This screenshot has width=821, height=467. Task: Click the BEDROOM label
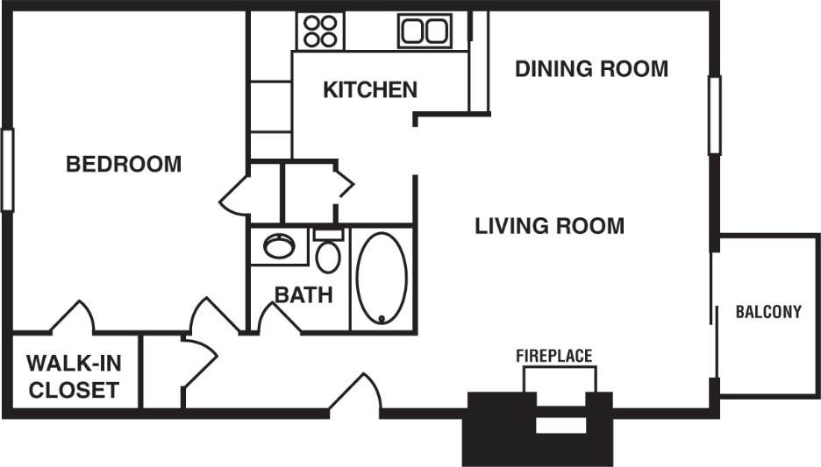(x=124, y=164)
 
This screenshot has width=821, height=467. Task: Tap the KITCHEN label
(x=369, y=89)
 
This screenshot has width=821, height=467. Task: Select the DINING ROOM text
(x=591, y=68)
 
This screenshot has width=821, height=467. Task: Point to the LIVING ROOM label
(x=550, y=226)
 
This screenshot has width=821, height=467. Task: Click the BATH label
(x=303, y=294)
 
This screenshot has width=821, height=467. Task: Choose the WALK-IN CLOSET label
(x=73, y=376)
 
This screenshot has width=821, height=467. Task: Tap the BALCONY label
(x=768, y=312)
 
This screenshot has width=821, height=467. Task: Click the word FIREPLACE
(x=553, y=356)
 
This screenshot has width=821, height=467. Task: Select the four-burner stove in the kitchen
(x=320, y=31)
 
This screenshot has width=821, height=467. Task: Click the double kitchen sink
(x=425, y=31)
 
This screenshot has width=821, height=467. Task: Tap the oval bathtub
(x=382, y=279)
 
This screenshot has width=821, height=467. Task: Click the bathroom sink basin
(x=279, y=246)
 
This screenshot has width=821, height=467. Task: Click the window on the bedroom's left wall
(x=8, y=170)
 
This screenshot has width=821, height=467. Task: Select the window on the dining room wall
(x=714, y=116)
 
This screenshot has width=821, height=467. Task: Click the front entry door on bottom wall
(x=355, y=393)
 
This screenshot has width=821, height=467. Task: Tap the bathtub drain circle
(x=382, y=318)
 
